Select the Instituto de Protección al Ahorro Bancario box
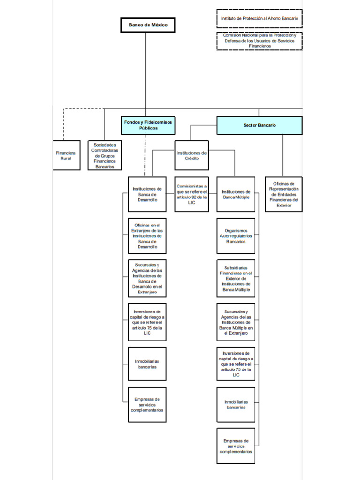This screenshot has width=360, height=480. point(259,18)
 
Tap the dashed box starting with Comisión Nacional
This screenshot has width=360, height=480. point(259,41)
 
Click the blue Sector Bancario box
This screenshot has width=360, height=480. point(259,126)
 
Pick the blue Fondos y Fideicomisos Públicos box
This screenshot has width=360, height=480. point(148,125)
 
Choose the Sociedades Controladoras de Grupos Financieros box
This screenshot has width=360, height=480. point(105,156)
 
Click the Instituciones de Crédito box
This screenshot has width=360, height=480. point(191,156)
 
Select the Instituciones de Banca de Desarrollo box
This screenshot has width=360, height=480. point(147,194)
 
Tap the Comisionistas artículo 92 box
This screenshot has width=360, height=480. point(191,194)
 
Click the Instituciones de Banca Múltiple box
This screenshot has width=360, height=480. point(236,194)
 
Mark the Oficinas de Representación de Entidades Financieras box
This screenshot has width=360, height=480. point(284,194)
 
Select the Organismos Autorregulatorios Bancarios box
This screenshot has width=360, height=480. point(236,236)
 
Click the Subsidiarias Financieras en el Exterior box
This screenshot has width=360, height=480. point(236,278)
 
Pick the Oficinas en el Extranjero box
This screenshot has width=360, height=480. point(147,236)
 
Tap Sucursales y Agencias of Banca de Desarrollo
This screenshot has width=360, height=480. point(147,278)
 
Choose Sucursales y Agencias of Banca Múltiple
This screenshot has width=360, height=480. point(236,322)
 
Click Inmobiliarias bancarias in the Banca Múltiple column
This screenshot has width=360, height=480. point(236,405)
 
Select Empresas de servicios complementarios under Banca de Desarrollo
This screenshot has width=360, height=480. point(147,405)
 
